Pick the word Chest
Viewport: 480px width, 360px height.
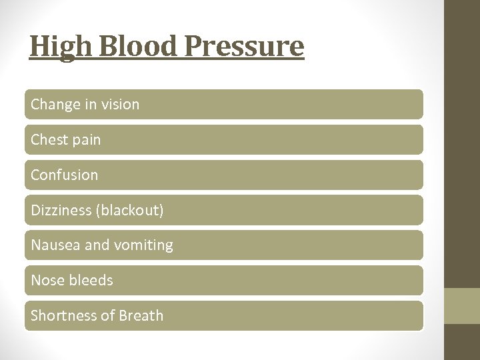48,140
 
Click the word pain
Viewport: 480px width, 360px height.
85,140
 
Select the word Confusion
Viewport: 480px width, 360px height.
64,175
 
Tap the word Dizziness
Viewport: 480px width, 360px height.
61,211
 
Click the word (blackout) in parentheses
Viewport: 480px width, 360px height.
130,211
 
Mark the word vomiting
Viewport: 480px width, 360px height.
144,246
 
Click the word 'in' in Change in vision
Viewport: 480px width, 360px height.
89,105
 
